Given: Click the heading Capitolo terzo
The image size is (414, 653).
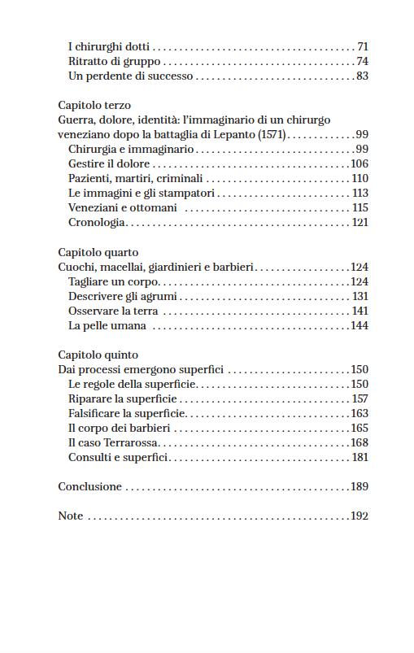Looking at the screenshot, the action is click(94, 106).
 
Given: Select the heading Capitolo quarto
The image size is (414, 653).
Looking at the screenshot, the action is click(98, 253).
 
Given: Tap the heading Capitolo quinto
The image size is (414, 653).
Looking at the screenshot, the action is click(98, 355).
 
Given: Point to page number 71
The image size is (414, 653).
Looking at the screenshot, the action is click(363, 47).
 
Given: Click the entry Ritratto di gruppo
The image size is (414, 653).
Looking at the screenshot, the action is click(115, 62).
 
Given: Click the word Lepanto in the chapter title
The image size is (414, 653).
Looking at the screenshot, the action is click(231, 135).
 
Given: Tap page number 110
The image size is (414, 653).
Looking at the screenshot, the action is click(360, 179).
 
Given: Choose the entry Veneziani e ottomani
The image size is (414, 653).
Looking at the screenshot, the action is click(122, 208).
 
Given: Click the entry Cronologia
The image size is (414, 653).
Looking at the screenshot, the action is click(97, 223).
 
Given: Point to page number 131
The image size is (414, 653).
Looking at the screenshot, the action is click(360, 297).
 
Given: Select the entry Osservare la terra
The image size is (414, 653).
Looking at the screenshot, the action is click(113, 311).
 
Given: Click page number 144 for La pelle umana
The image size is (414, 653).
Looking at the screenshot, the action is click(359, 326).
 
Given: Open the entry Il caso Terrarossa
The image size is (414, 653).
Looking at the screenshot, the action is click(113, 443).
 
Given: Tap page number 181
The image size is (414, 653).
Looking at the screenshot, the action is click(360, 458).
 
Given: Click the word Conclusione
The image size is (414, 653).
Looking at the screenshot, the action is click(89, 487).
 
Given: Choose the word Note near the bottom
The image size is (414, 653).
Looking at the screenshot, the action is click(71, 516).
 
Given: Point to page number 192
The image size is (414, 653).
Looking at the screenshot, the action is click(359, 516).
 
